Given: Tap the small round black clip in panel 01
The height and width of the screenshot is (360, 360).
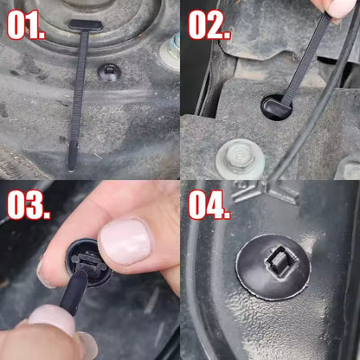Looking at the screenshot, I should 110,72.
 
